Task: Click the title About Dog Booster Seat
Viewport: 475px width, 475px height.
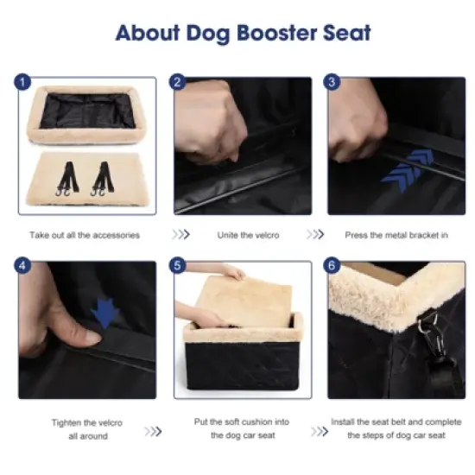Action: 243,34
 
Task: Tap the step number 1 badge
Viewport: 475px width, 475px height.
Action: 22,84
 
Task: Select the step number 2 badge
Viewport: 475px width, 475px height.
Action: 179,84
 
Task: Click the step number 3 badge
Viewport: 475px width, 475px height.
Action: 331,84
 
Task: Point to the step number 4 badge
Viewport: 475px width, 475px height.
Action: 22,267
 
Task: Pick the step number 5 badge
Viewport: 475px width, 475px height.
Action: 179,267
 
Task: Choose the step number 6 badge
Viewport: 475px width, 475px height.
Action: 331,267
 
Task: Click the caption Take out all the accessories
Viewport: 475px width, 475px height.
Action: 84,235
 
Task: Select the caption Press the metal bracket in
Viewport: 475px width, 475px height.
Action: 396,235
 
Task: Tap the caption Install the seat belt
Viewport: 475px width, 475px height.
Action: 396,429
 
